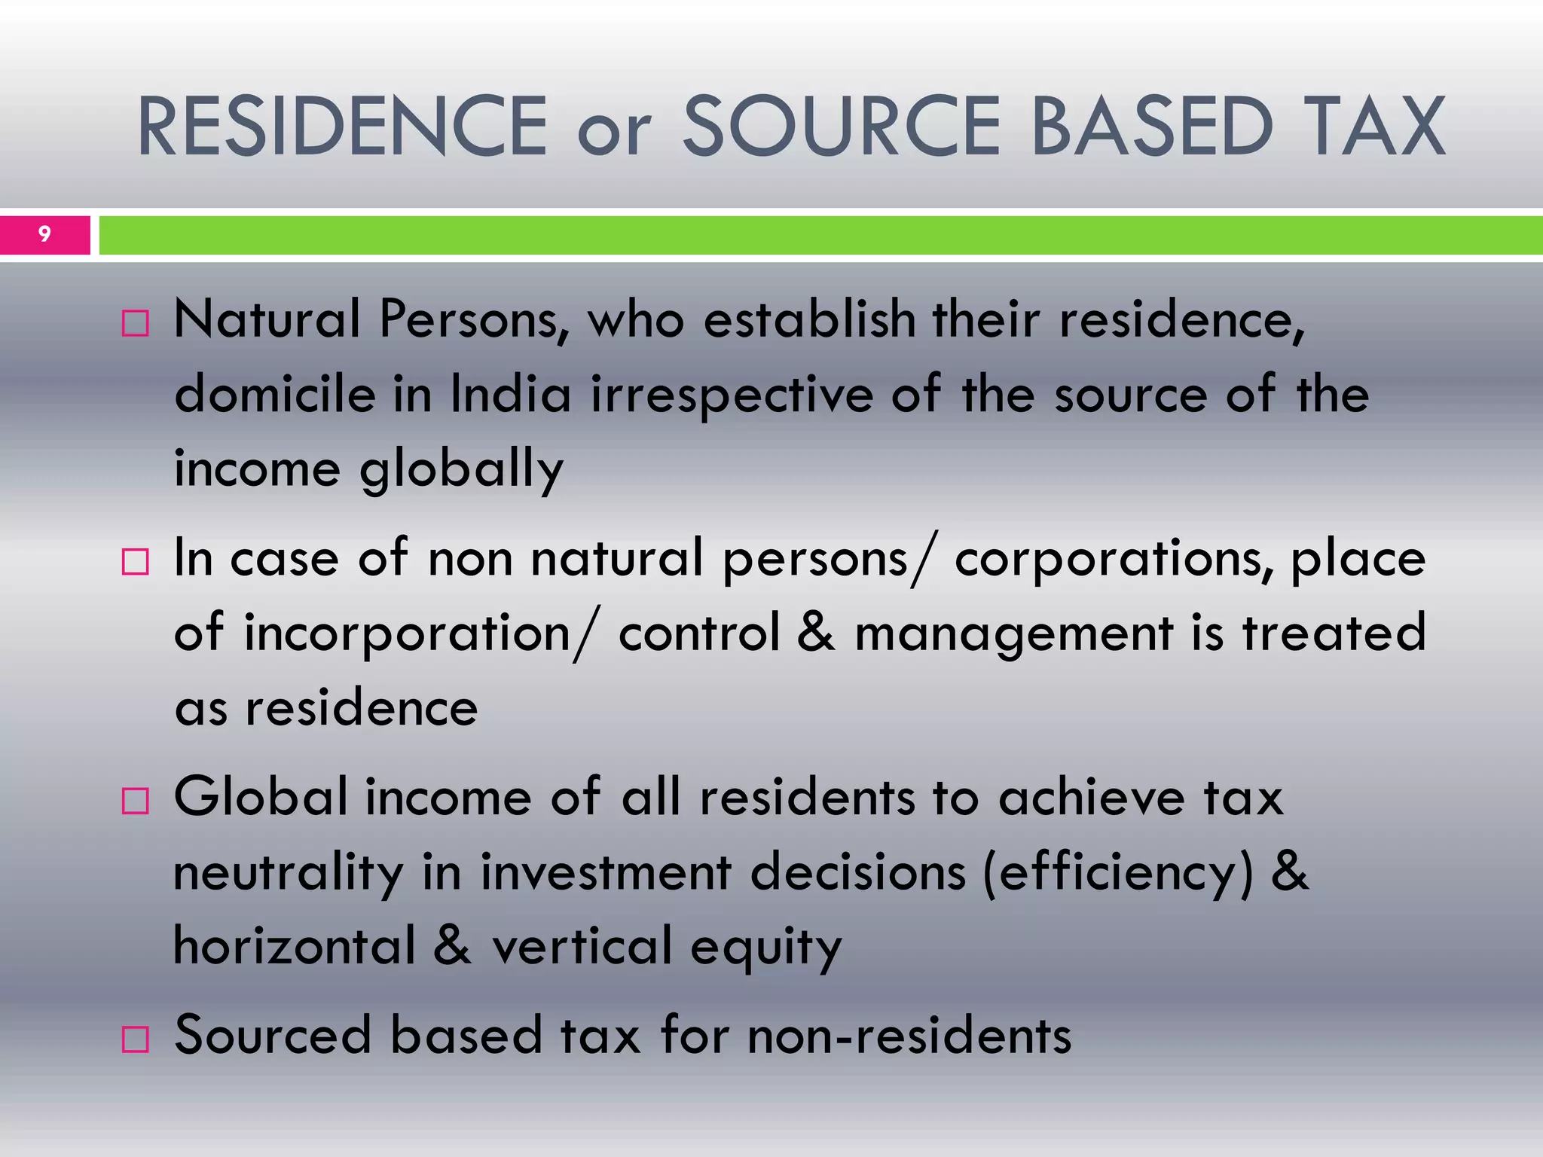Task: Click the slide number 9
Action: click(x=44, y=234)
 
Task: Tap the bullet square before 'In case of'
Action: click(x=136, y=562)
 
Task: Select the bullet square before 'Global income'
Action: click(x=136, y=801)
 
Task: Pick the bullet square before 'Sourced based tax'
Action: click(x=136, y=1039)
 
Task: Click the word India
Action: click(x=511, y=395)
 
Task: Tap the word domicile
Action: click(x=274, y=395)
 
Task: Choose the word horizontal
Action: click(x=295, y=946)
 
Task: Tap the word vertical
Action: click(x=582, y=946)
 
